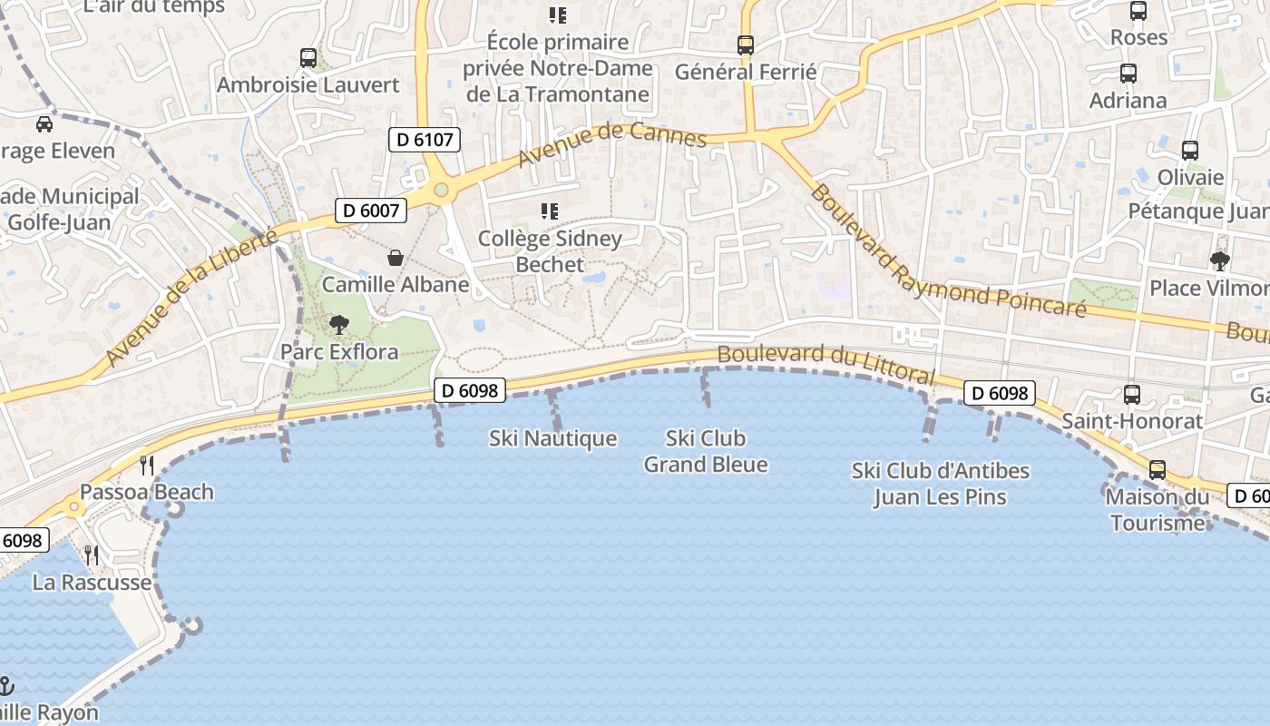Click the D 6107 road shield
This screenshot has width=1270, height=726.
point(425,140)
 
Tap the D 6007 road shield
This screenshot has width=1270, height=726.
point(370,211)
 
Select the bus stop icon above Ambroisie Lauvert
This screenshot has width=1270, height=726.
point(308,58)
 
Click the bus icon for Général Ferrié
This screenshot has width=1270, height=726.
point(746,44)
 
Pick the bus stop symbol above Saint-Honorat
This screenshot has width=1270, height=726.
point(1132,394)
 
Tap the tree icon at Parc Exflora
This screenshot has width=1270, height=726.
point(339,324)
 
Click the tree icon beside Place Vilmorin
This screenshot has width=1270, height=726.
point(1220,261)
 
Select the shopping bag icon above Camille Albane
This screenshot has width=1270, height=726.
point(396,258)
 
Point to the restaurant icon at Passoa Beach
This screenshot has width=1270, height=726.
point(147,466)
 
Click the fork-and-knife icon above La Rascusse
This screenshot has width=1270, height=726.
point(92,554)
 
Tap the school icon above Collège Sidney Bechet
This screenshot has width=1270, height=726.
point(550,211)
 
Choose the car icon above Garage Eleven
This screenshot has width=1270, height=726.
point(44,123)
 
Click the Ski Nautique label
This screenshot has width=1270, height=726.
point(552,438)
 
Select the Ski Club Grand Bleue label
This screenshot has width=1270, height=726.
point(706,451)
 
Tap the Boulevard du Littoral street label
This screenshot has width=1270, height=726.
point(825,363)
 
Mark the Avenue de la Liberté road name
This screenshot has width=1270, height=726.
point(190,298)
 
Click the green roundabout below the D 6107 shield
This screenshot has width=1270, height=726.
point(442,190)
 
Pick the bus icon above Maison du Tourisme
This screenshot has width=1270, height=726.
point(1158,470)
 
